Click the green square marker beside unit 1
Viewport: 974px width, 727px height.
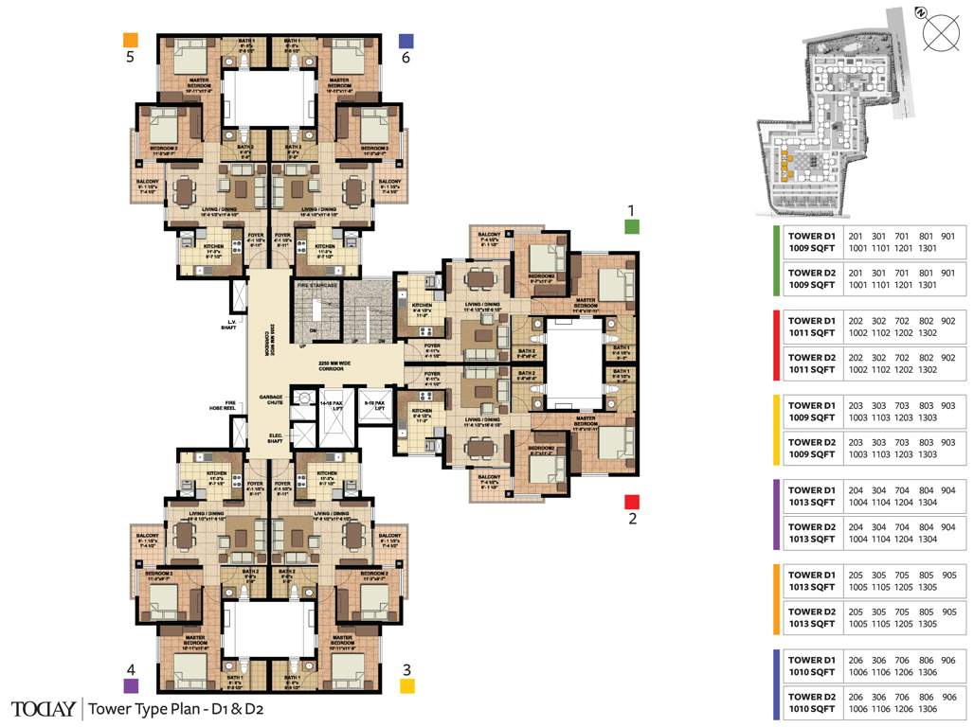[632, 226]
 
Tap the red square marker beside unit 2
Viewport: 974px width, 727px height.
[633, 501]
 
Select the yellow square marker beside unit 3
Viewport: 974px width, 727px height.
[407, 686]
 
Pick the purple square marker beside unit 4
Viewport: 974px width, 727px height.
[131, 685]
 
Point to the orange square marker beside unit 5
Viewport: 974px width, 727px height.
[131, 40]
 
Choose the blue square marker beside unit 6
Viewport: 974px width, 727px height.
[406, 41]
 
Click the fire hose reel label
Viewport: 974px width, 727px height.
[223, 405]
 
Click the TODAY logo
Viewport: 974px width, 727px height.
[44, 708]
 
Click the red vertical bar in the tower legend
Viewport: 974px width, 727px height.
[776, 346]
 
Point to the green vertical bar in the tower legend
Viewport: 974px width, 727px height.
[776, 260]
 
